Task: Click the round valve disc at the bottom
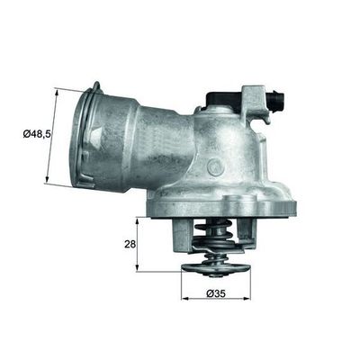point(217,267)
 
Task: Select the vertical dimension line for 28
point(138,244)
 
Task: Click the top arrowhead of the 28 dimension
point(138,220)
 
